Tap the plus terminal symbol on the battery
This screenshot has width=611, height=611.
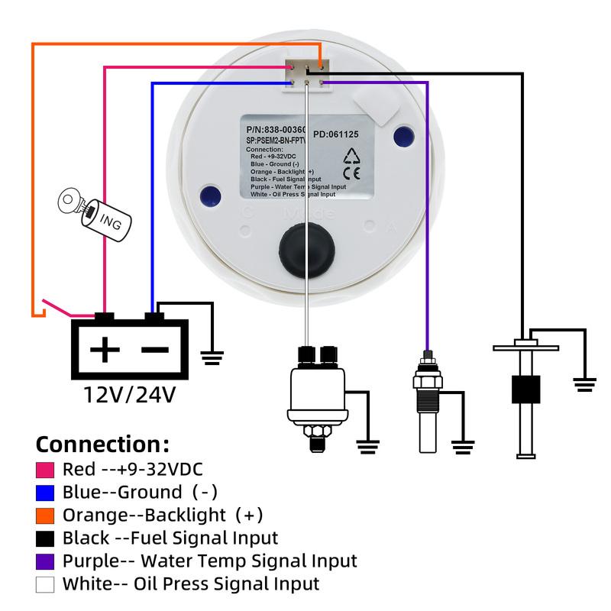[105, 351]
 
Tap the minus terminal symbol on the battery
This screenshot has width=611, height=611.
[155, 350]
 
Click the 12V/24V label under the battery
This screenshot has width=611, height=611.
[130, 395]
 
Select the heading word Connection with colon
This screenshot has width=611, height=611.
[102, 444]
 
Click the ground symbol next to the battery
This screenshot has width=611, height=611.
[212, 354]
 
